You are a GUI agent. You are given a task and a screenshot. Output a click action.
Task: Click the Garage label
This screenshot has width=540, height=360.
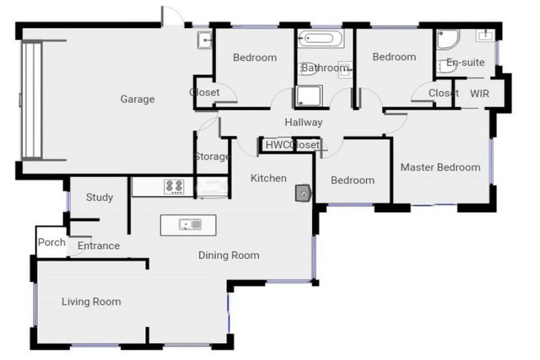pos(137,99)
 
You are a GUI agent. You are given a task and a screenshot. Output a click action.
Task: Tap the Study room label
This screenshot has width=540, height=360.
pos(99,198)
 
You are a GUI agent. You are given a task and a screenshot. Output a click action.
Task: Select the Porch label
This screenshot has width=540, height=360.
pos(51,243)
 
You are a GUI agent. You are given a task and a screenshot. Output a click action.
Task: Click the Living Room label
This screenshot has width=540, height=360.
pos(91,302)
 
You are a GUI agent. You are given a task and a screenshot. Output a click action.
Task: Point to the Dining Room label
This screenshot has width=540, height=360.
pos(229,255)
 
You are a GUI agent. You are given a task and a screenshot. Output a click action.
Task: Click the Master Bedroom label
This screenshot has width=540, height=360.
pos(440,167)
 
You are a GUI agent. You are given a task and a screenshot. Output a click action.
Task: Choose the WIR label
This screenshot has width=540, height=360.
pos(480,93)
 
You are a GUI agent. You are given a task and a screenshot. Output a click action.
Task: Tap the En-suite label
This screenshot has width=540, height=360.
pos(465,62)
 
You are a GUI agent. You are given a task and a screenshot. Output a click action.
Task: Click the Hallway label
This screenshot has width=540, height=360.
pos(304,122)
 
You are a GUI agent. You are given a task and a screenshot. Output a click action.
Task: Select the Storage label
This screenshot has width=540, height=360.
pos(212,156)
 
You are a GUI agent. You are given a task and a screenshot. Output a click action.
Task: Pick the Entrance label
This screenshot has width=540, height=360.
pos(98,246)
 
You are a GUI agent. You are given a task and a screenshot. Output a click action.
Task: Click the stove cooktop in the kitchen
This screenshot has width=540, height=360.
pos(174,187)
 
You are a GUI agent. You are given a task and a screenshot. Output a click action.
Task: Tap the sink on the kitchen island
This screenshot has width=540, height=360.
pos(191,225)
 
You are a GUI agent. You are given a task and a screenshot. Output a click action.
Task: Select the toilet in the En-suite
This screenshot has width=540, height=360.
pos(446,65)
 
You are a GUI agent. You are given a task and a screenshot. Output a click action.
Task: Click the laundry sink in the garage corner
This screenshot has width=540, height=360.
pos(204,40)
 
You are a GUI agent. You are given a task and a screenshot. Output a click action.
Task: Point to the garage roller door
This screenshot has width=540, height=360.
pos(32,100)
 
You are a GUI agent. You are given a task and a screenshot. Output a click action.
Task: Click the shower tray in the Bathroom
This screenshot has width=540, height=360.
pos(308,96)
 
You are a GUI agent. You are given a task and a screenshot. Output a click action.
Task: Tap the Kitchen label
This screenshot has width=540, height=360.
pos(269,178)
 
